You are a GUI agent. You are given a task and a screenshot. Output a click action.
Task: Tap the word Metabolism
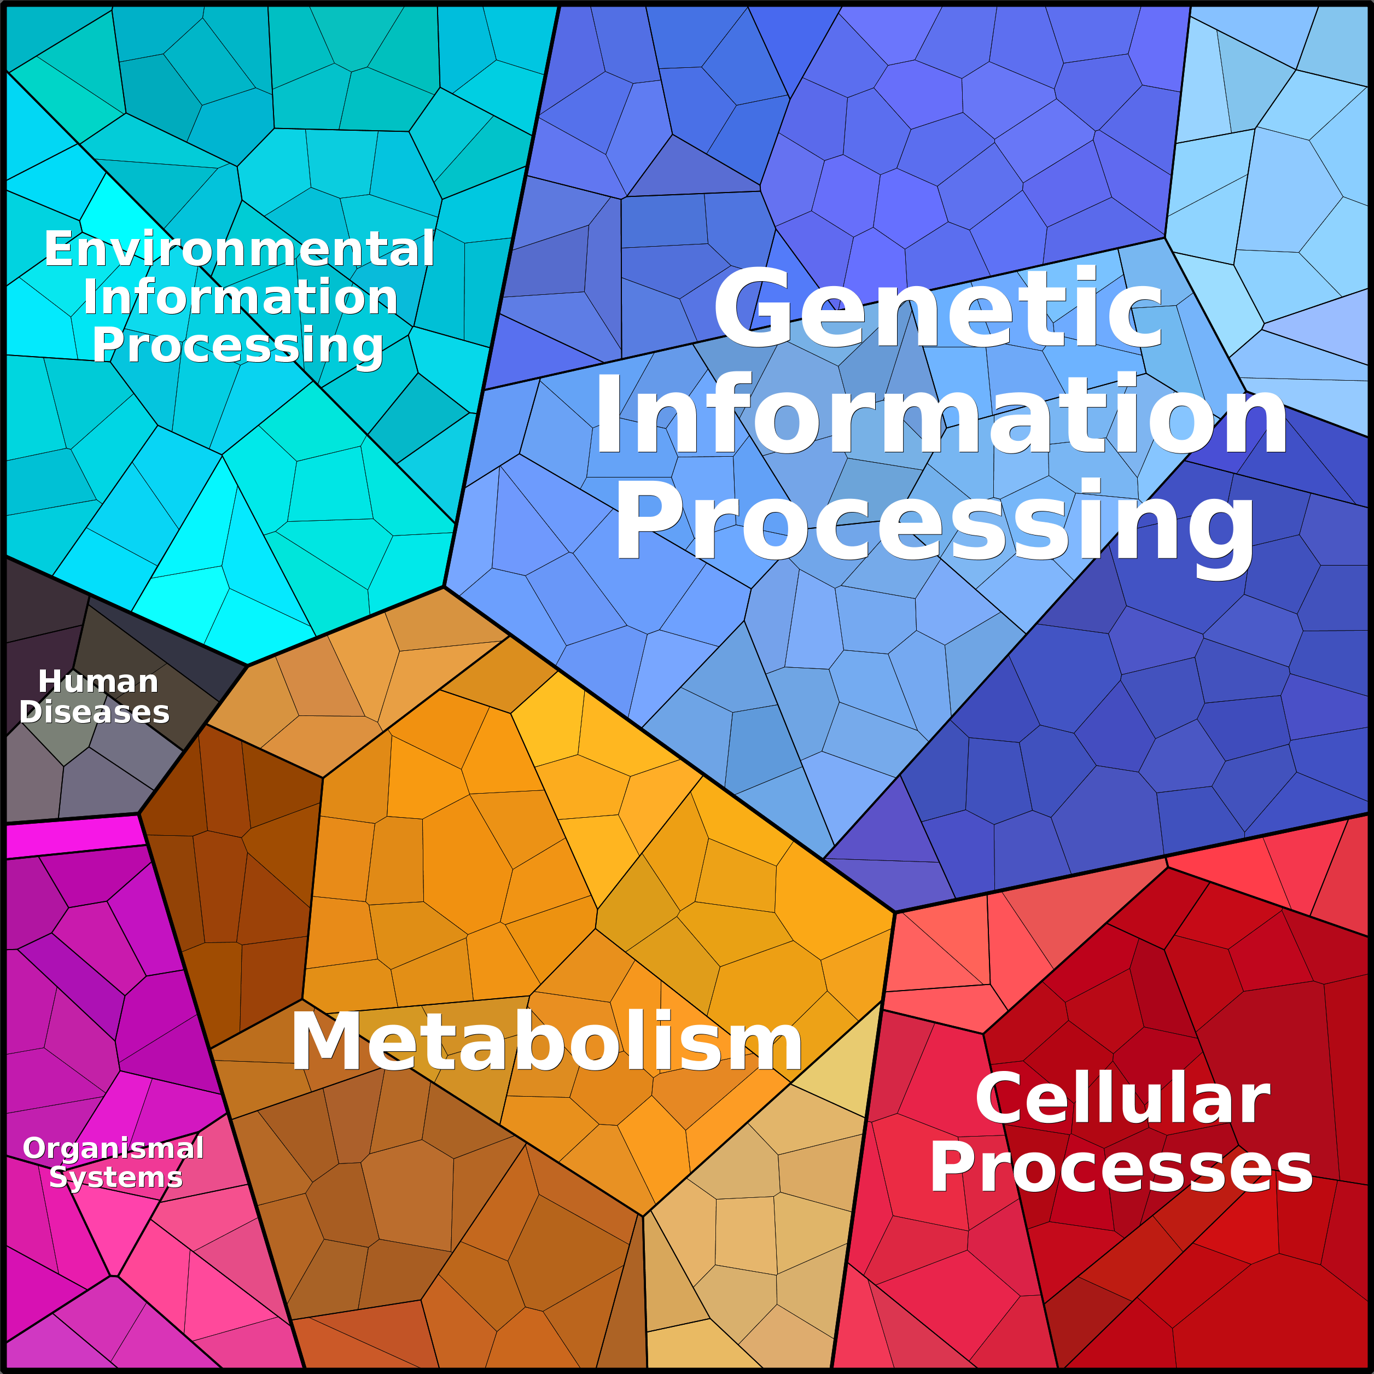pos(546,1042)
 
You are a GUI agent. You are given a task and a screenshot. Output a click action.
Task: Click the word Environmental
pos(239,249)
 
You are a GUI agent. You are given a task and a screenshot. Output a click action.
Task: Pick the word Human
pos(98,682)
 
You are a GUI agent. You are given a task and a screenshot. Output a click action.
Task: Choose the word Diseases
pos(95,712)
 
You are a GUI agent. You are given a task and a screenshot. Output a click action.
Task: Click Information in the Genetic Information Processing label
pos(940,415)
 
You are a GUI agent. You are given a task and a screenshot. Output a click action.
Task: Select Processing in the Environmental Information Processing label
pos(238,346)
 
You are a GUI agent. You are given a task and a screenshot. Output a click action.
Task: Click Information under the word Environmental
pos(240,296)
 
